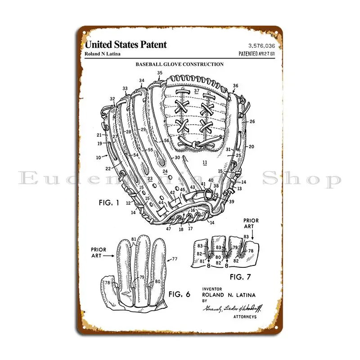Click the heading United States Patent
[126, 45]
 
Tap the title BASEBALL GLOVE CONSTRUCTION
[180, 64]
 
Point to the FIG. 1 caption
[108, 202]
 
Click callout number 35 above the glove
[160, 73]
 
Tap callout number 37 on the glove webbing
[196, 91]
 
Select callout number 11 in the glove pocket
[205, 162]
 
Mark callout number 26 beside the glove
[252, 121]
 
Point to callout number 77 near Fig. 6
[175, 259]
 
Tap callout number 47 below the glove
[168, 229]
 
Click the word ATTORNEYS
[245, 317]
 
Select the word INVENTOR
[212, 289]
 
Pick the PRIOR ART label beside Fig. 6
[98, 252]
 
